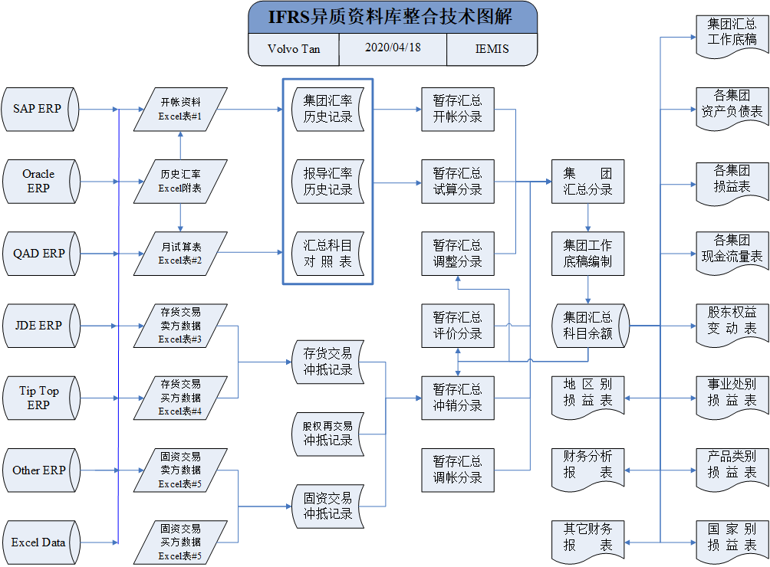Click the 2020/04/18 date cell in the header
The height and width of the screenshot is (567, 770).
coord(393,48)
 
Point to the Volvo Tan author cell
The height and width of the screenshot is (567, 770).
coord(294,49)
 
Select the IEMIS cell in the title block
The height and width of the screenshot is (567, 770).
coord(492,49)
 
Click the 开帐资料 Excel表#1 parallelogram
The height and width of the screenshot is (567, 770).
coord(180,110)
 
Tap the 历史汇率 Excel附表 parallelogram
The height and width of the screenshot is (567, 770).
coord(180,182)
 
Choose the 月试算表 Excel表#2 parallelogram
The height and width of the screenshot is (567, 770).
coord(180,254)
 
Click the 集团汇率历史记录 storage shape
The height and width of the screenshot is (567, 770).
coord(327,110)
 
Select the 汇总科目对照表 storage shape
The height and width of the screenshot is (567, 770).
coord(327,254)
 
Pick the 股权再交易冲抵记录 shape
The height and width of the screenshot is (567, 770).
coord(327,434)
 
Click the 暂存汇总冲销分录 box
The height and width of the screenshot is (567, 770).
coord(458,398)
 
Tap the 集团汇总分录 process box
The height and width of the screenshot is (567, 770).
coord(587,182)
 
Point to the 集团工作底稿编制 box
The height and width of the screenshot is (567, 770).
coord(587,254)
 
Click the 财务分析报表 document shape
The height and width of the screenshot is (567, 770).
coord(587,469)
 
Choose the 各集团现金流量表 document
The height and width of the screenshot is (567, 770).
coord(732,252)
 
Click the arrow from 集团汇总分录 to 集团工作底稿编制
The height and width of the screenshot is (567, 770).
coord(587,218)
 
